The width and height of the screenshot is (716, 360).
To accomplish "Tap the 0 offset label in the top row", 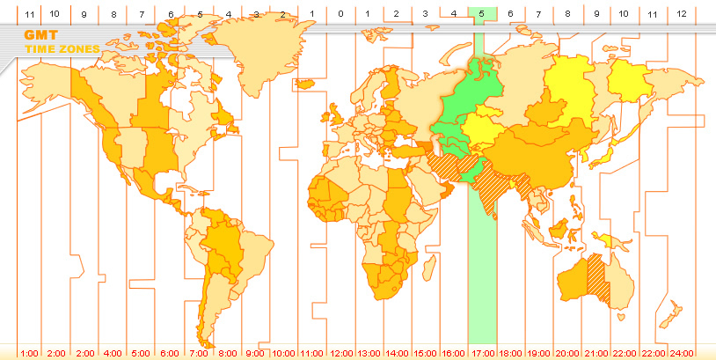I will click(340, 14).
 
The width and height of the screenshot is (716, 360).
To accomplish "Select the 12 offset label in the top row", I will click(683, 14).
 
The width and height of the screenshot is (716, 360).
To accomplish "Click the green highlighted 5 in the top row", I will click(481, 14).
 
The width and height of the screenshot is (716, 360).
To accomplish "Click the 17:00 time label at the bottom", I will click(481, 353).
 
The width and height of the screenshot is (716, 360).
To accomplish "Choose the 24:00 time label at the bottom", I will click(683, 353).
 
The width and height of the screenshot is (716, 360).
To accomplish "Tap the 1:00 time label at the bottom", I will click(29, 353).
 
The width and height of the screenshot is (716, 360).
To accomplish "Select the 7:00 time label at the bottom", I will click(198, 353).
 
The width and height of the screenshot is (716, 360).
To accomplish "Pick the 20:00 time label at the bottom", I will click(567, 353).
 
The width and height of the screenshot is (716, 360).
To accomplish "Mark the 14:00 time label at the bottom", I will click(397, 353).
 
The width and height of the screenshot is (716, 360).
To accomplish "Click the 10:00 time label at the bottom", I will click(283, 353).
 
